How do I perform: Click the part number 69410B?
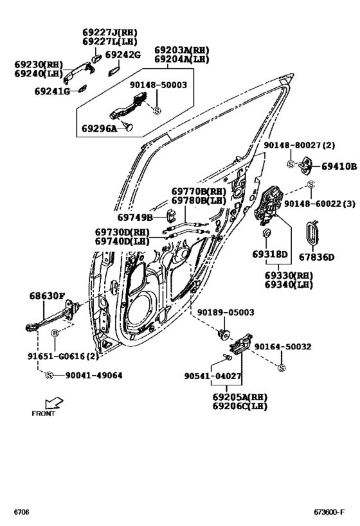(339, 166)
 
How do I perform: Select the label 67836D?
(316, 258)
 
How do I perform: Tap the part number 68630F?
(47, 297)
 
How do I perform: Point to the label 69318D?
(270, 255)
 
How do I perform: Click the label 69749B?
(135, 219)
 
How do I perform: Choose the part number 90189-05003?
(226, 313)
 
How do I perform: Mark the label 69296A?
(99, 129)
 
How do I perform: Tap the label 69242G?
(123, 55)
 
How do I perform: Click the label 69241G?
(53, 91)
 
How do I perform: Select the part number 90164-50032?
(283, 347)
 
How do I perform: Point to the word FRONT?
(43, 414)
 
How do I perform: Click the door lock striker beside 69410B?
(306, 166)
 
